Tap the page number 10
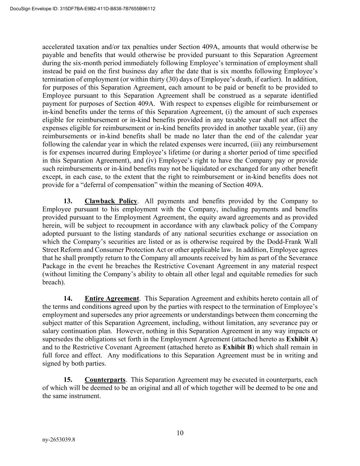click(x=180, y=433)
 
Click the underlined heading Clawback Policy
click(x=111, y=201)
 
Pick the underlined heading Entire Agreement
click(x=112, y=299)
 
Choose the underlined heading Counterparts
click(x=105, y=380)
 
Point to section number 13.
click(x=68, y=201)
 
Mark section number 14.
click(x=68, y=299)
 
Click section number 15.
click(x=68, y=380)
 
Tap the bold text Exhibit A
click(x=301, y=339)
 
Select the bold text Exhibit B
click(x=237, y=347)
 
